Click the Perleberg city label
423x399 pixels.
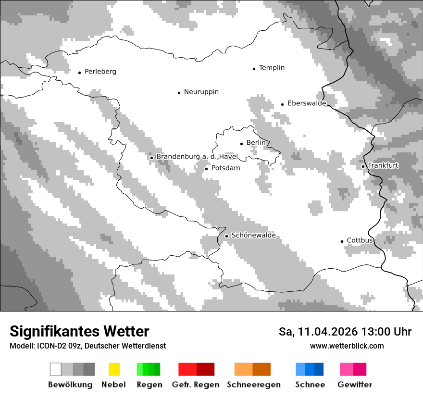tap(100, 72)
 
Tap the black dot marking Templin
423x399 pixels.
tap(254, 69)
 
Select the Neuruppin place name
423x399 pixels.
tap(201, 92)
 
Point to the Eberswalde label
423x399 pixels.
tap(307, 103)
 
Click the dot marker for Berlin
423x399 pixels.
tap(241, 143)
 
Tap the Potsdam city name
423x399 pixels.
tap(225, 168)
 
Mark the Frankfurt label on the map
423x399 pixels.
tap(383, 166)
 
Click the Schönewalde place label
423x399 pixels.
tap(253, 236)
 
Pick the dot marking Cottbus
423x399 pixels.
tap(342, 241)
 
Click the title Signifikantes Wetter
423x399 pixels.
tap(79, 331)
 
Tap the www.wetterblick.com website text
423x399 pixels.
tap(347, 346)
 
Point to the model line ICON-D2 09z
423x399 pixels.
tap(87, 346)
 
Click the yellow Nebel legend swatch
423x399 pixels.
tap(114, 369)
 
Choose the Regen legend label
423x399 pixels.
tap(149, 385)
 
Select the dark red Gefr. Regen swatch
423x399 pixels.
tap(205, 369)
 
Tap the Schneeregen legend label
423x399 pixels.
tap(253, 385)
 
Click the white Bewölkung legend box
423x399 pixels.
tap(56, 369)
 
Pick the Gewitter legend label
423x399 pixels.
tap(354, 385)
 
